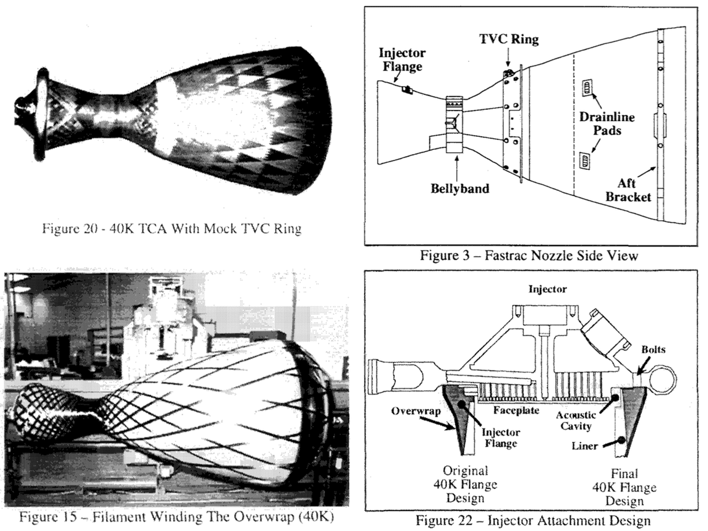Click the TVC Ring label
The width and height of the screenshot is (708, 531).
(x=509, y=39)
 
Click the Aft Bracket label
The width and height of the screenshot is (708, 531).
(x=628, y=189)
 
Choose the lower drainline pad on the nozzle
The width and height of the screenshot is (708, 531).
(x=585, y=160)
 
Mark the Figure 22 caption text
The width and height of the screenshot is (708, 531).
(x=533, y=520)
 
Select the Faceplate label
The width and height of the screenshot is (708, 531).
(x=516, y=409)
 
